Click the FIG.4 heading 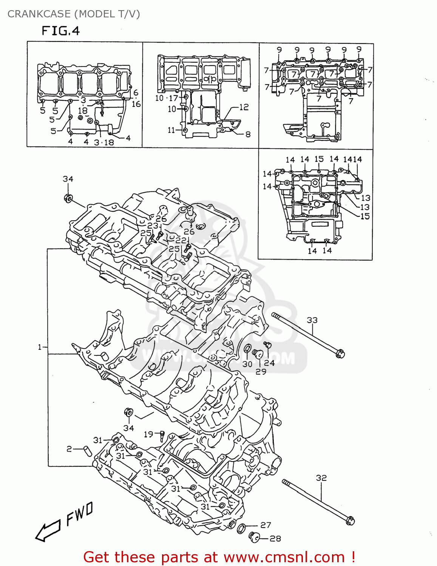[x=60, y=31]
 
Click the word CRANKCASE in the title [x=39, y=14]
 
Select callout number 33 [x=312, y=320]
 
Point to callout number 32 [x=321, y=478]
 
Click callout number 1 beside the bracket [x=40, y=347]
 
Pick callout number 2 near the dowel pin [x=69, y=449]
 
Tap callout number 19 [x=148, y=434]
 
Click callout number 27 [x=266, y=525]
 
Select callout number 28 [x=275, y=538]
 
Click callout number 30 [x=247, y=364]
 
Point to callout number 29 [x=261, y=371]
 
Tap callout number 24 [x=269, y=363]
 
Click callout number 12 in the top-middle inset [x=244, y=107]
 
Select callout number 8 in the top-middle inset [x=248, y=134]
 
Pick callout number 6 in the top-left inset [x=136, y=93]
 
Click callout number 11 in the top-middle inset [x=171, y=130]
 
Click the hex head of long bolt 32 [x=350, y=520]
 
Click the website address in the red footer [x=284, y=557]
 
